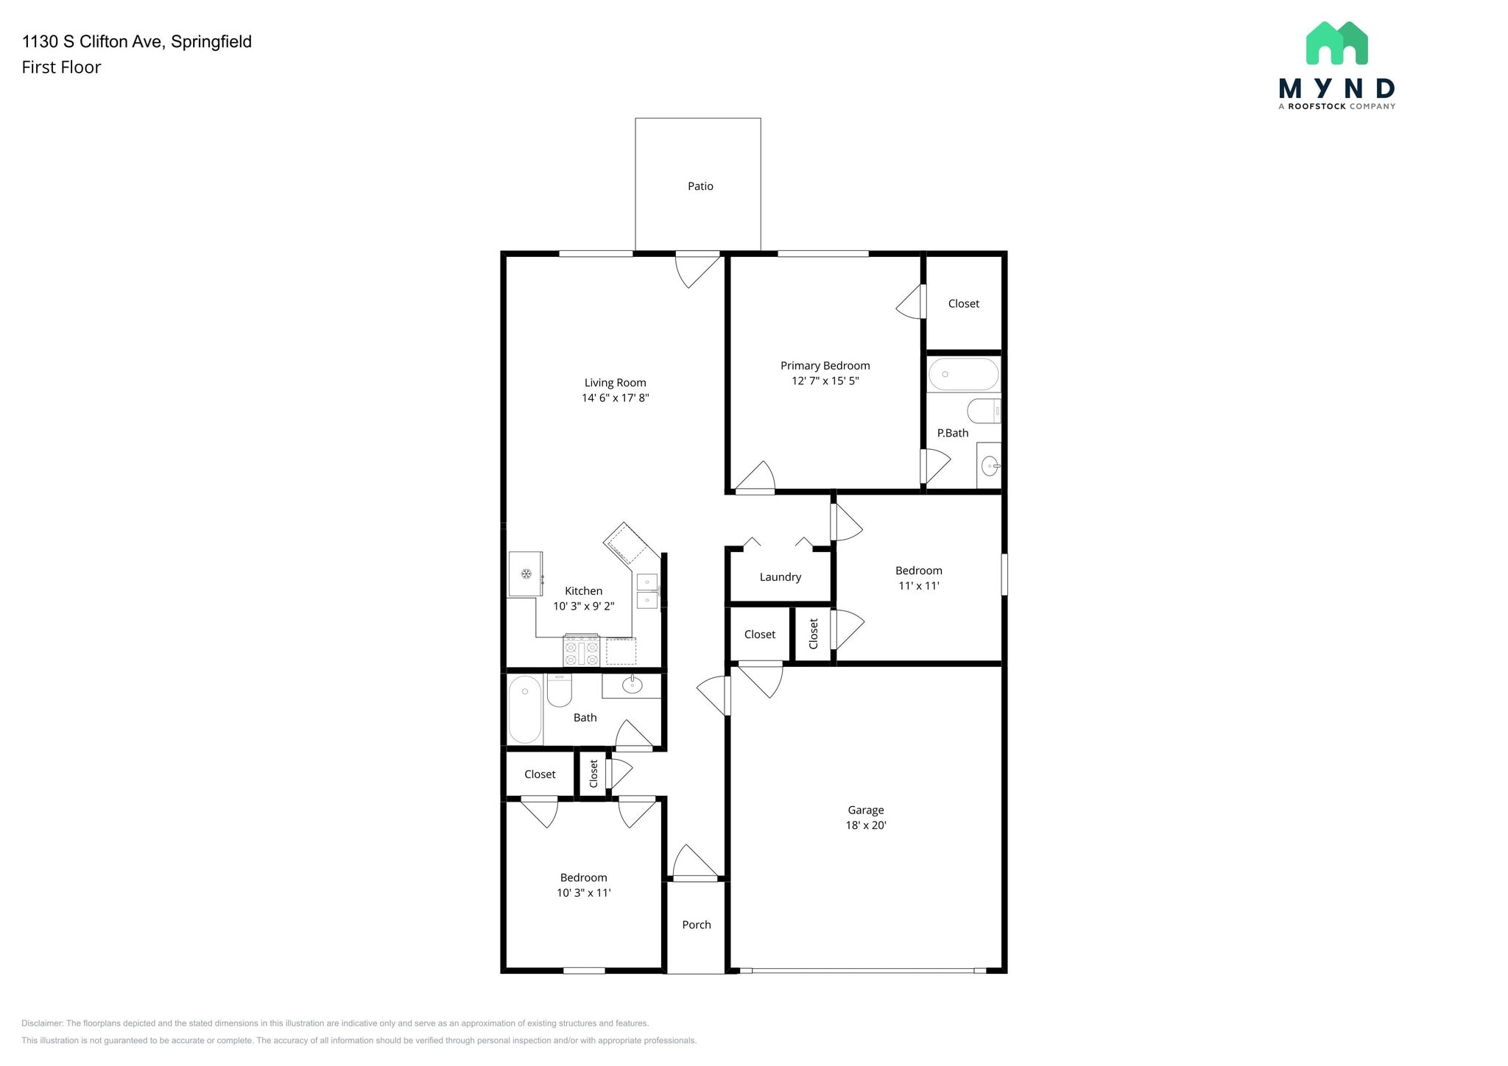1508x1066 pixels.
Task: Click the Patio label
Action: pos(700,186)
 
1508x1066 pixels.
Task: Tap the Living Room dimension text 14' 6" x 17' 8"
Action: pos(616,398)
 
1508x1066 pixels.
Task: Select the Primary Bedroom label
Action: pos(825,366)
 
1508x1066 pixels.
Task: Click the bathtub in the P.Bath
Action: pos(964,375)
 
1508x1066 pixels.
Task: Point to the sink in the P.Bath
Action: pos(990,465)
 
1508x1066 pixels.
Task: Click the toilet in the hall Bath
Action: pos(560,690)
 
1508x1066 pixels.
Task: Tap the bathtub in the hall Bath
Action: pos(525,709)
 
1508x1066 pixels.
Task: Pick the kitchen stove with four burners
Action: pos(582,651)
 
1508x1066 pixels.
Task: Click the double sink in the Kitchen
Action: pos(647,591)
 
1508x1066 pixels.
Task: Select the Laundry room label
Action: pos(781,577)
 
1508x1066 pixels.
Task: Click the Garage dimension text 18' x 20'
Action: pos(866,825)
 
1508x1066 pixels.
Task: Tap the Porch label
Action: pos(697,925)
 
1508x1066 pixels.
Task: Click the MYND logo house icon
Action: pos(1336,43)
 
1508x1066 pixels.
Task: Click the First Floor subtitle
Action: pos(61,67)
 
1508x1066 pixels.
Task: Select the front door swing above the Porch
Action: pos(695,862)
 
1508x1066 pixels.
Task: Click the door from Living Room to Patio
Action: pos(697,269)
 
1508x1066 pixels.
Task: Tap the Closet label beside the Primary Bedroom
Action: pos(964,303)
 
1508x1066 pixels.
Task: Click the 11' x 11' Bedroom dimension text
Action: pos(919,586)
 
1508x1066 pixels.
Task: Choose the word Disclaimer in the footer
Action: pos(43,1023)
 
